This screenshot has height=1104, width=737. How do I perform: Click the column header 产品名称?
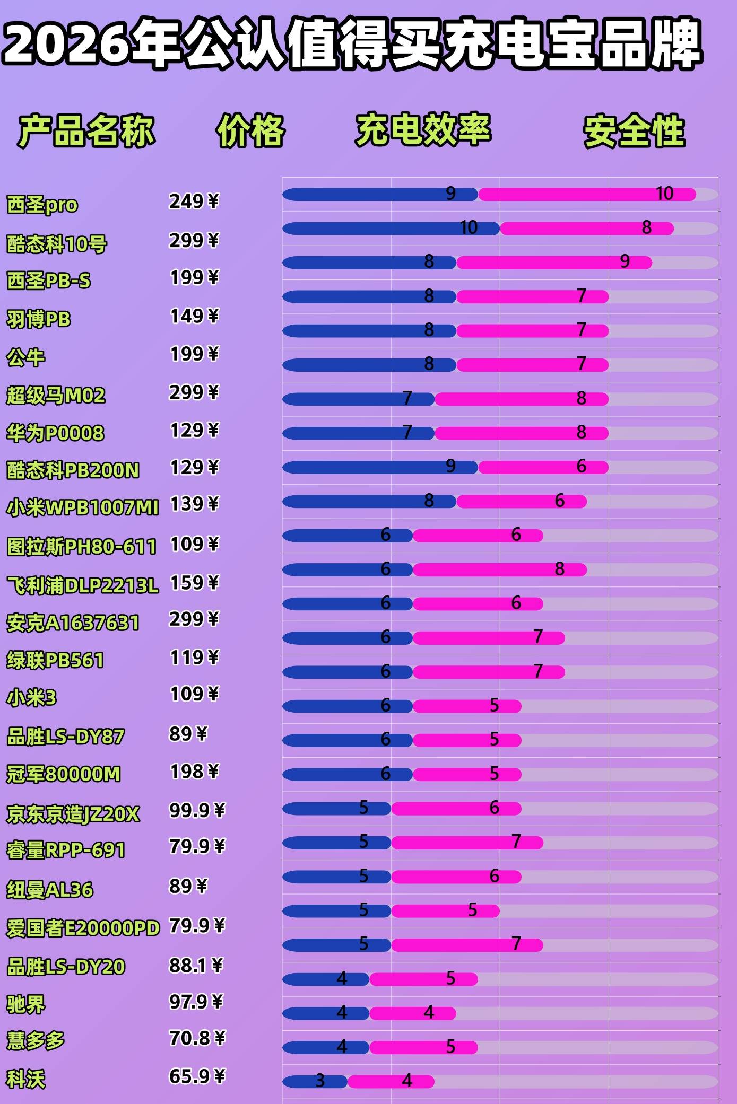(86, 130)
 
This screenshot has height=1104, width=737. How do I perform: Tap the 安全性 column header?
(634, 130)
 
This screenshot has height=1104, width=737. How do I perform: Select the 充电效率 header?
(423, 129)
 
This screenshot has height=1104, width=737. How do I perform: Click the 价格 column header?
(250, 130)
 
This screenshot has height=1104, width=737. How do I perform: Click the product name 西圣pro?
(42, 204)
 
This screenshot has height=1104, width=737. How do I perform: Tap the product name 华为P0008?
(55, 433)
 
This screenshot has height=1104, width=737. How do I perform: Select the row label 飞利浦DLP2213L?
(82, 585)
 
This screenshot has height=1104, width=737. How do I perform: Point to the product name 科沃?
(26, 1079)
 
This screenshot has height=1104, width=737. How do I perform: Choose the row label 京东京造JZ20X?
(73, 813)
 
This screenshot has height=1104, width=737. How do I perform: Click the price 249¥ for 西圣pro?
(194, 201)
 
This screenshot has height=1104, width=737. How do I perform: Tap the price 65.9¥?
(197, 1076)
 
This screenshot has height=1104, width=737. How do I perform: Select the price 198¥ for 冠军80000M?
(194, 772)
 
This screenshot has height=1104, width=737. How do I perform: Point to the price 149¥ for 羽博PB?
(194, 316)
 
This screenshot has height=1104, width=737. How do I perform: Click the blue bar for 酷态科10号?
(371, 229)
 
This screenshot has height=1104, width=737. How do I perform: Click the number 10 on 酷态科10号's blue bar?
(469, 227)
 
